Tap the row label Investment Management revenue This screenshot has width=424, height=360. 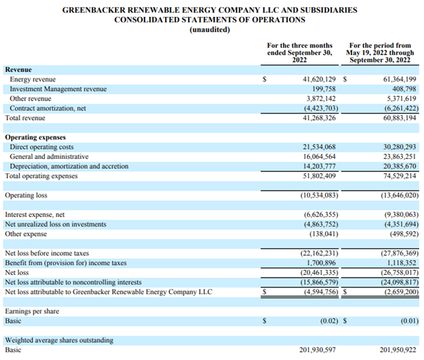[58, 89]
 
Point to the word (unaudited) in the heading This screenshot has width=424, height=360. [210, 30]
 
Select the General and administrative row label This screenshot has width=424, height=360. [49, 156]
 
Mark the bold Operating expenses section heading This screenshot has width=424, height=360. [35, 137]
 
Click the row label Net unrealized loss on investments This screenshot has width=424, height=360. [60, 224]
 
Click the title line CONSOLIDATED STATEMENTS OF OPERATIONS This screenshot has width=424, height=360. [210, 20]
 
